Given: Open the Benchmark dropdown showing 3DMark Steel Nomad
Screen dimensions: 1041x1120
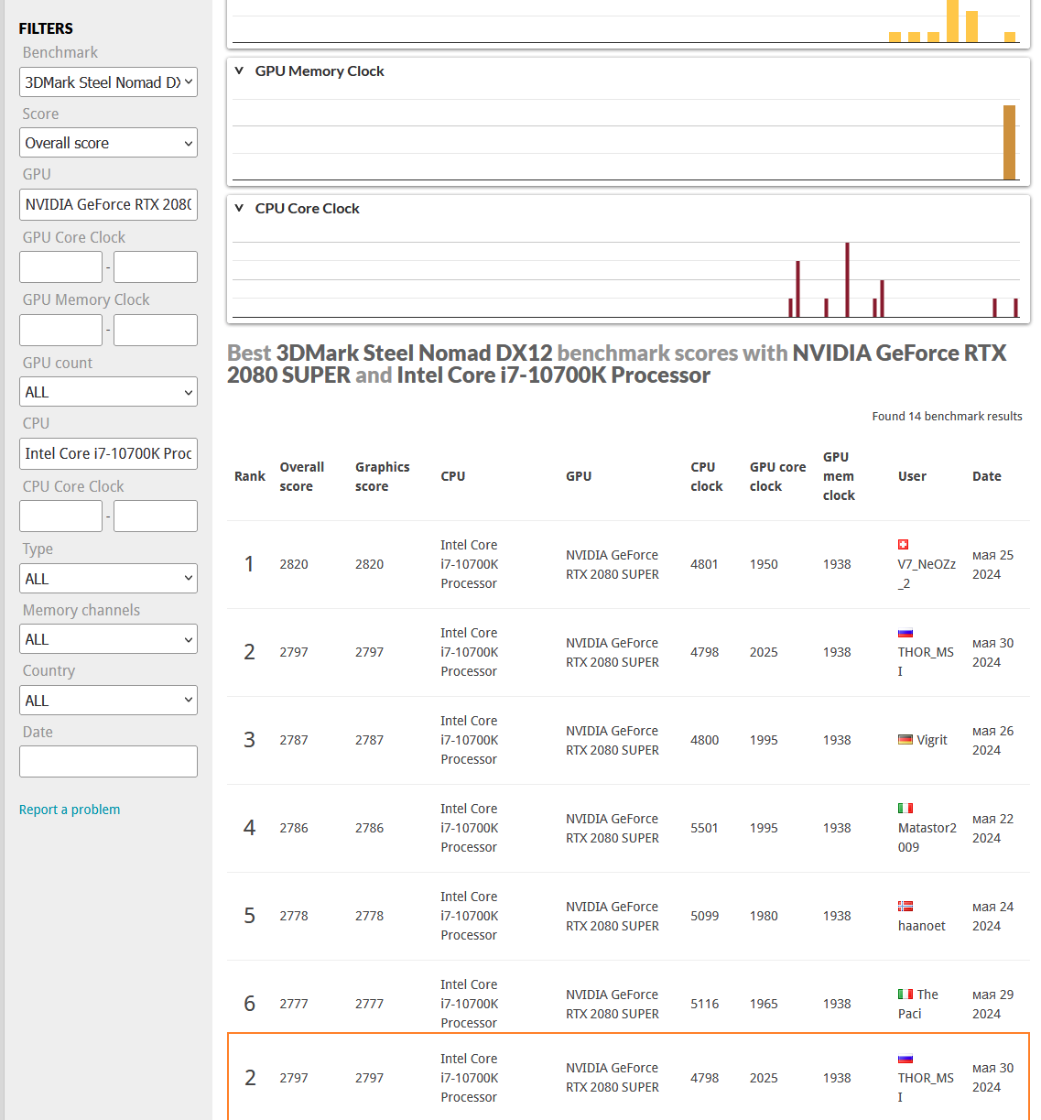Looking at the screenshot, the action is click(x=108, y=82).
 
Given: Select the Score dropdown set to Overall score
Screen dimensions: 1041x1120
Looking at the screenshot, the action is click(x=108, y=143).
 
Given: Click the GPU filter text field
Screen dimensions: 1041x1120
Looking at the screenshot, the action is click(x=108, y=204).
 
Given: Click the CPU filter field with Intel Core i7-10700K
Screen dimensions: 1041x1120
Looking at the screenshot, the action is click(x=108, y=453).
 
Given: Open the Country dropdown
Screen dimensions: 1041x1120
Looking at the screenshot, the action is click(x=108, y=700).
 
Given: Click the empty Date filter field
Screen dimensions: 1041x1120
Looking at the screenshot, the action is click(x=108, y=761).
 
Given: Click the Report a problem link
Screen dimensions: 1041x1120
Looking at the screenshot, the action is click(x=70, y=810).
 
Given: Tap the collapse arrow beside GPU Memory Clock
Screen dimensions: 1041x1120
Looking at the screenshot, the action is click(x=239, y=71).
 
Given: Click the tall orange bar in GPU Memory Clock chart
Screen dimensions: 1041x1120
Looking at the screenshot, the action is click(x=1009, y=143).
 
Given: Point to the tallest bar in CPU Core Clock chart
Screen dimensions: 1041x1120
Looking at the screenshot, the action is click(x=847, y=279).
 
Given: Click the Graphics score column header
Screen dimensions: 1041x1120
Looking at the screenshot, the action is click(x=383, y=476).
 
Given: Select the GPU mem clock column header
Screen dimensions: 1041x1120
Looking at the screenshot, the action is click(x=839, y=476).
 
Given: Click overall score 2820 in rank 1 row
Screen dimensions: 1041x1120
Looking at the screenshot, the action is click(x=294, y=564).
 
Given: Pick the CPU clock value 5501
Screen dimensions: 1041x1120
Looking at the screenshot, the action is click(x=704, y=828).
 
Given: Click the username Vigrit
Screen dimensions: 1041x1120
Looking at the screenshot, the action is click(x=932, y=740).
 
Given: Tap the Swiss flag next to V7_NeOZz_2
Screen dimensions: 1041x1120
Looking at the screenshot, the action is click(x=903, y=544).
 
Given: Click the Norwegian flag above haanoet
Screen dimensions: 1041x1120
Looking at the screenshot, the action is click(x=905, y=907).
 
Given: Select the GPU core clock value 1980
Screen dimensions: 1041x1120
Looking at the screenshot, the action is click(x=764, y=916).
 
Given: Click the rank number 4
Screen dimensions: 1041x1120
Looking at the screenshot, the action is click(x=249, y=828).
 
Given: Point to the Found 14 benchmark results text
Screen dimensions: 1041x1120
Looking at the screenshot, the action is click(x=947, y=416).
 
